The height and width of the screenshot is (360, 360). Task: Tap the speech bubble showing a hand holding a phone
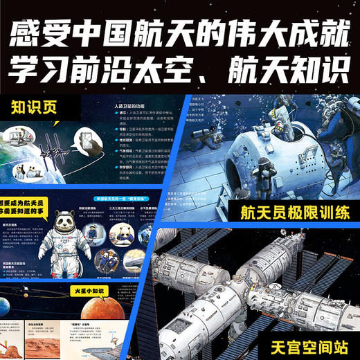pos(89,139)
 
